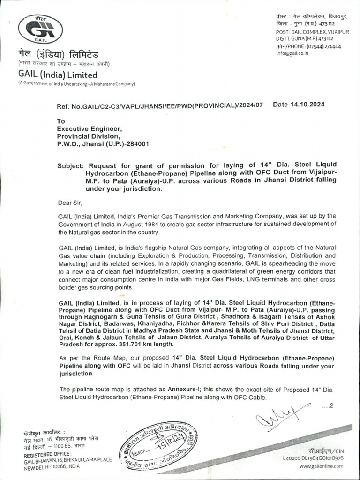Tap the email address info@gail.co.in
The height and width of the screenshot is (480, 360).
tap(292, 53)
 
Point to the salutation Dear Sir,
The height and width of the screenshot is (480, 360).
tap(69, 203)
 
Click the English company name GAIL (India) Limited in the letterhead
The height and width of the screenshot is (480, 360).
tap(58, 75)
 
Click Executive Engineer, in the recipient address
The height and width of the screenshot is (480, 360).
tap(90, 128)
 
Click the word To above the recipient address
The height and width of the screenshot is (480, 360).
tap(61, 121)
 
